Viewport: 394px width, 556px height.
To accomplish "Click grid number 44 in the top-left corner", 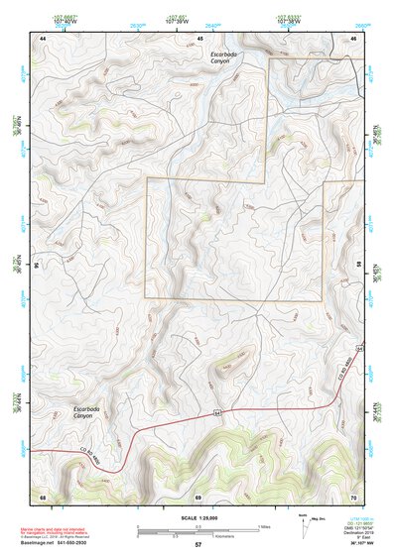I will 43,38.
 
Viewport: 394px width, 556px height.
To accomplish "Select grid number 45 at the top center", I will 199,38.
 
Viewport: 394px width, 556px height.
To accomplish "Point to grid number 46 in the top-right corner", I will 354,38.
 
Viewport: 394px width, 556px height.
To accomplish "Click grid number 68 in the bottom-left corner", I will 43,496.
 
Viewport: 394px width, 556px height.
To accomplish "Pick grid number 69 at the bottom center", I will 198,496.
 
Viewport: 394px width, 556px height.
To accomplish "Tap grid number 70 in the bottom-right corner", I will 354,496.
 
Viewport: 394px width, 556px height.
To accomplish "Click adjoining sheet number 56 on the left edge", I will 37,266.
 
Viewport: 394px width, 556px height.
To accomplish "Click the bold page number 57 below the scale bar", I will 198,545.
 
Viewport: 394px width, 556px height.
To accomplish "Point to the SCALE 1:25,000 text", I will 198,518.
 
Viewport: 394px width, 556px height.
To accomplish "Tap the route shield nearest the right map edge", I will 356,349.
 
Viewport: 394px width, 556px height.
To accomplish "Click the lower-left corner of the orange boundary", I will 147,299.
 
